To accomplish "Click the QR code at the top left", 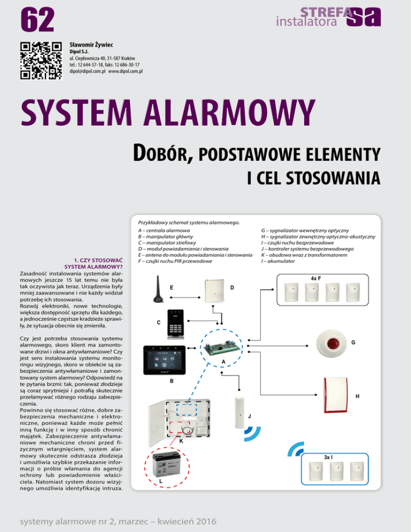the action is (x=38, y=60).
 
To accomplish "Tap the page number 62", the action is (x=37, y=20).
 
